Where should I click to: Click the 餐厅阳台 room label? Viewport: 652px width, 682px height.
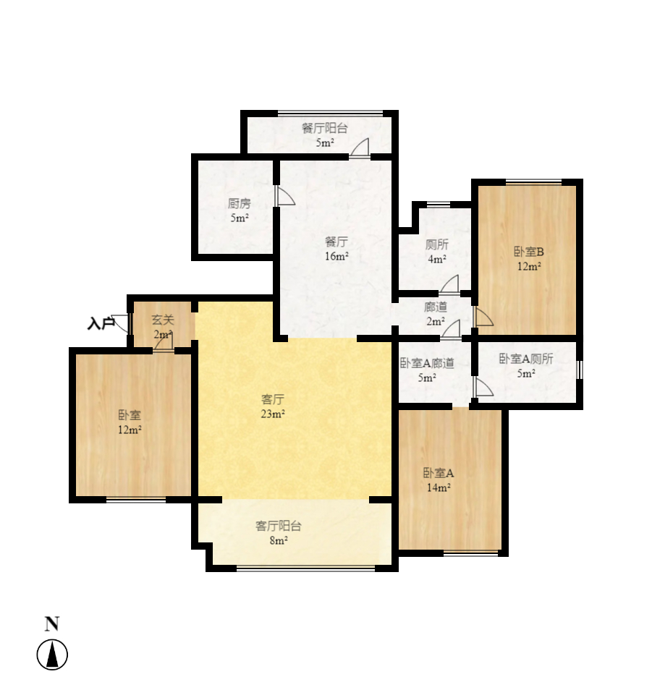pos(325,129)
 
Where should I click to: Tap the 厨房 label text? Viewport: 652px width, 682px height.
pos(240,204)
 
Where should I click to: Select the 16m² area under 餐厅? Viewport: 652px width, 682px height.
pos(336,256)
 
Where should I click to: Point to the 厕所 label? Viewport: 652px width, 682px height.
pos(436,244)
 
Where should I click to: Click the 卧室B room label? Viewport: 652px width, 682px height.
pos(529,252)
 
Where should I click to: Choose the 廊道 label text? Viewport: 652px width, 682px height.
pos(435,307)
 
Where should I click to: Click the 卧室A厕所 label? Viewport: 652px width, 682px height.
pos(526,359)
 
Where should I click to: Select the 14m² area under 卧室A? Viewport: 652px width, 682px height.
pos(438,488)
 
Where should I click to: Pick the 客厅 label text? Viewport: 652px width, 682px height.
pos(272,399)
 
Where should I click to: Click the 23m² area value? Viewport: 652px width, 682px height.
pos(273,414)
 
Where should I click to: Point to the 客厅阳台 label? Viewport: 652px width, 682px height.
pos(278,526)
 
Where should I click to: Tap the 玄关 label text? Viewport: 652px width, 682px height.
pos(163,320)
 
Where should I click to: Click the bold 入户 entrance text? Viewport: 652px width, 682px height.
pos(101,324)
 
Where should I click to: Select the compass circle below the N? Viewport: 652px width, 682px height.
pos(52,655)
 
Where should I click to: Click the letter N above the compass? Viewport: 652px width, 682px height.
pos(52,624)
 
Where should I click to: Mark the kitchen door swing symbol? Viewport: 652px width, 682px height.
pos(284,197)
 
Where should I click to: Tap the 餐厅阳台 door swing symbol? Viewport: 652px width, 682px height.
pos(360,148)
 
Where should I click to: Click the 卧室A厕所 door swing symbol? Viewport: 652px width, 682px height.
pos(483,388)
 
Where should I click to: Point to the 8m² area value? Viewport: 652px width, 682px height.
pos(278,541)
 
